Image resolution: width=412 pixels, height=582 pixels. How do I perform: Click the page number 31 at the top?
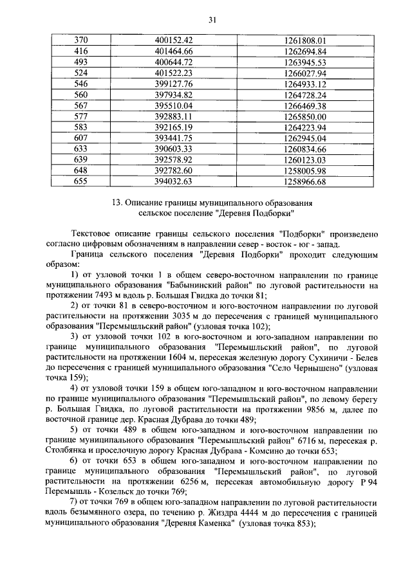pos(212,20)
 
